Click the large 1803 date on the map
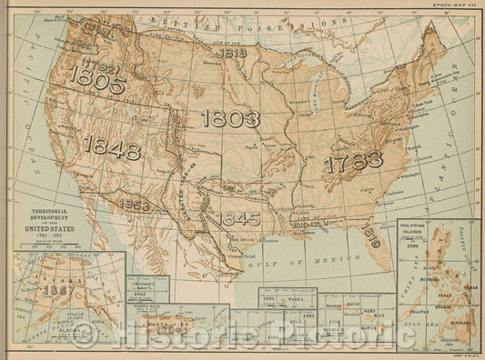(231, 119)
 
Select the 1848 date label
(111, 146)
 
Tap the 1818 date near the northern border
(233, 53)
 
